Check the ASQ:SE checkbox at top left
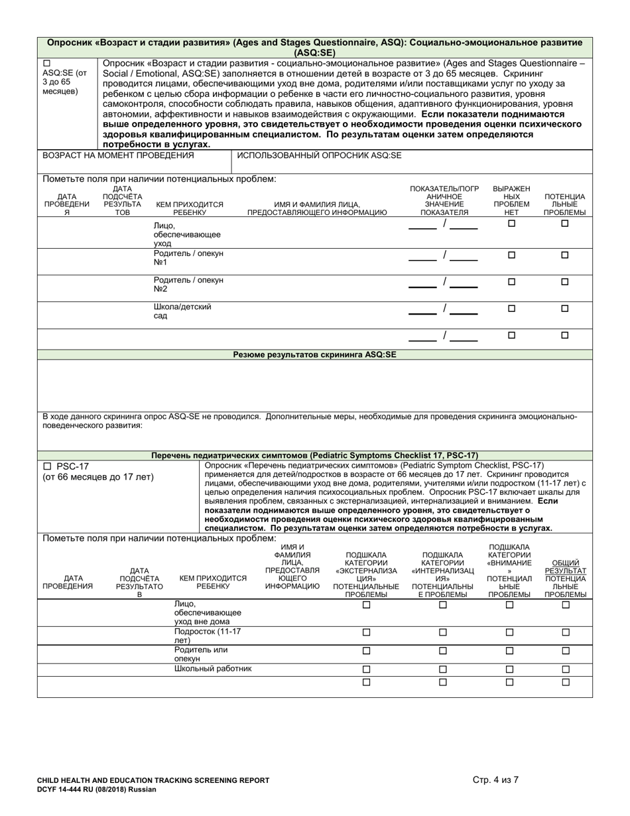[x=46, y=63]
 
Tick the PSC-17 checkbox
[x=46, y=466]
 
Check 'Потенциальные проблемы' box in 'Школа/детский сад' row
[x=565, y=308]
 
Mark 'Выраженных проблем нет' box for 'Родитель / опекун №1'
[x=511, y=255]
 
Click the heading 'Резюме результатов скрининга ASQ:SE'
[x=314, y=355]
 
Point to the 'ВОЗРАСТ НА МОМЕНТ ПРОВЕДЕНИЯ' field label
[x=119, y=155]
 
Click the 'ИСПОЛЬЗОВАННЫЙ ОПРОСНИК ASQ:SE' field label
[x=319, y=155]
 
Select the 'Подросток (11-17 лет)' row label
[x=208, y=636]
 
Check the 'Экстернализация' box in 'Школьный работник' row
[x=366, y=669]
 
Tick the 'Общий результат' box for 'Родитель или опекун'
[x=566, y=651]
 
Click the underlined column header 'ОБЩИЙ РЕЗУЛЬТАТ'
[x=565, y=567]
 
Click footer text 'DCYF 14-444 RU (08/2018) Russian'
[x=97, y=789]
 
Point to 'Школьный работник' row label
[x=213, y=669]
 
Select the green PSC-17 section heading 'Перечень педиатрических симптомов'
[x=314, y=456]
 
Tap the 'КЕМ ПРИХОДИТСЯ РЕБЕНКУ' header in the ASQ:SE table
[x=190, y=208]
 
